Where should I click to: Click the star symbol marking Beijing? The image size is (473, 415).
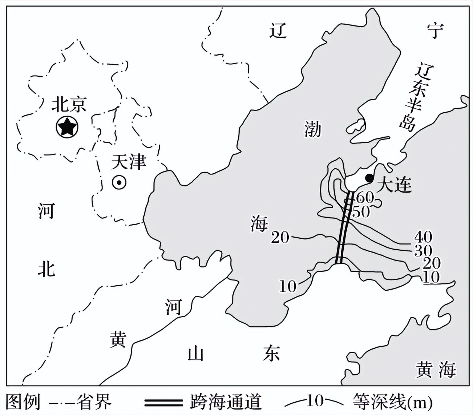click(x=67, y=127)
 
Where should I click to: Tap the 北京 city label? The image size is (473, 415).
click(x=69, y=105)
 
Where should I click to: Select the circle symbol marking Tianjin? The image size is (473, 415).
click(x=119, y=183)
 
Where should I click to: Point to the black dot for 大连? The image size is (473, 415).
click(x=369, y=178)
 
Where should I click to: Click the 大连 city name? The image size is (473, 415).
click(x=394, y=186)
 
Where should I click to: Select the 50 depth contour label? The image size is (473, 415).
click(x=361, y=211)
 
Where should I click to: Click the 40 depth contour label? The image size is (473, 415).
click(x=423, y=237)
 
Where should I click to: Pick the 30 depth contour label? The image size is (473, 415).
click(x=423, y=250)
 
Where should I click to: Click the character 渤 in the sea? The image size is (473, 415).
click(x=313, y=129)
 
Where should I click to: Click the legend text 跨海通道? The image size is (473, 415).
click(x=226, y=402)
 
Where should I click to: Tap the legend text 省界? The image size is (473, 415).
click(x=94, y=402)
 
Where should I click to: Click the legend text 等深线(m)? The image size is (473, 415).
click(x=392, y=402)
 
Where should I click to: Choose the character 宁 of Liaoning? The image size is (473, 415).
click(x=435, y=31)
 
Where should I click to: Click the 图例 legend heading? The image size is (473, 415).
click(x=23, y=402)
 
